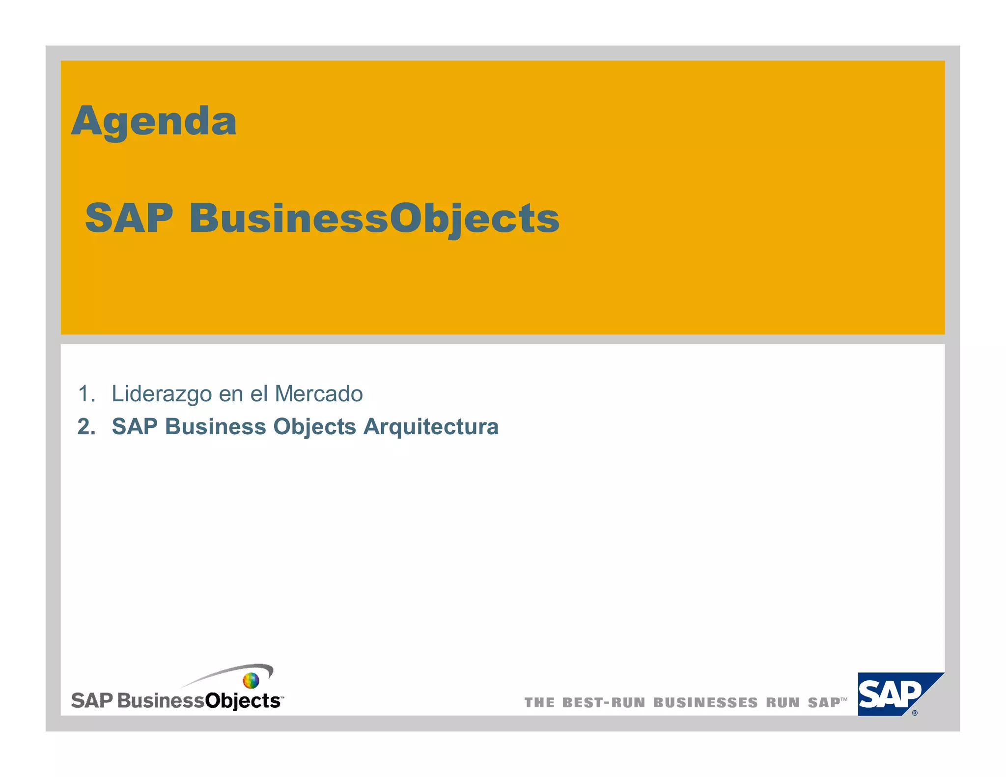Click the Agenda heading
pos(154,121)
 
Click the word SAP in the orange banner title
pos(129,218)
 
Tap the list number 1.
pos(86,394)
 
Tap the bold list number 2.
pos(86,426)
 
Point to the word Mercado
pos(319,394)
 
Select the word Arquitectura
pos(431,427)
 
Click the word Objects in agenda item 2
pos(314,427)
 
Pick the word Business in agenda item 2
pos(216,426)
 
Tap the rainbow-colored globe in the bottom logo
pos(251,681)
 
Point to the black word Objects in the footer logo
pos(242,701)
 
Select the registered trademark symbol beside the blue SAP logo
pos(915,713)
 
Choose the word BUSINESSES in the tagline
pos(705,703)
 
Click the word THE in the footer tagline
pos(539,703)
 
